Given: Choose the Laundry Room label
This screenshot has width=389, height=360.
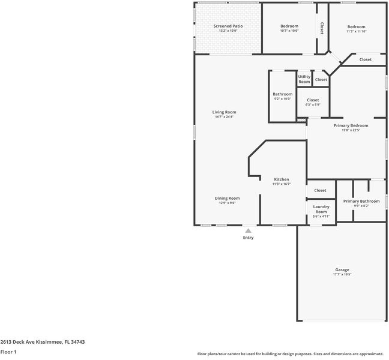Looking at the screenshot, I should point(321,209).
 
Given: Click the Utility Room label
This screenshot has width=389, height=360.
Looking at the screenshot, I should point(304,79).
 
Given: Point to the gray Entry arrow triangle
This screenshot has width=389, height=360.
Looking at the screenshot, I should point(248,230).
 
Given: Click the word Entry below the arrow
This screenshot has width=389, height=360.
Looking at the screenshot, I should point(248,238).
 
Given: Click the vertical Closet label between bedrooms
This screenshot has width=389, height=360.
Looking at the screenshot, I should point(322,28).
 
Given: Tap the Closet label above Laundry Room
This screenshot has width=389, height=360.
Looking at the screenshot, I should point(321,190).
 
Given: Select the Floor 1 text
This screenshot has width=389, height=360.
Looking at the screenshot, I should point(8,352).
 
